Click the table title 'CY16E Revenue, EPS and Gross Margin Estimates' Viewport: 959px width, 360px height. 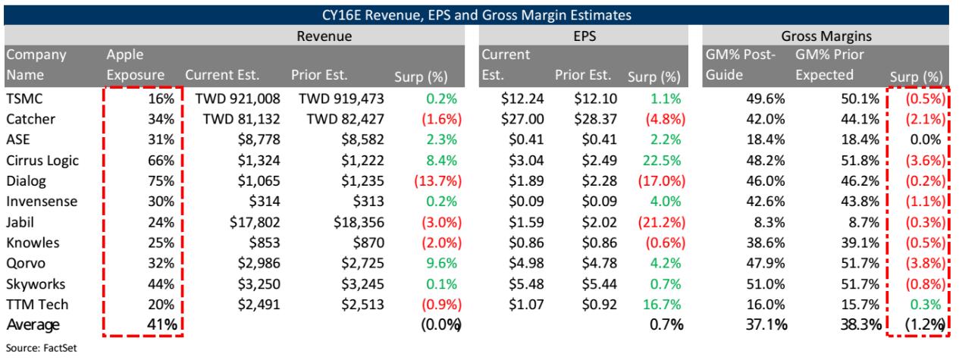(x=479, y=13)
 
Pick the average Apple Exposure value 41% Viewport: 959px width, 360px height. (x=161, y=324)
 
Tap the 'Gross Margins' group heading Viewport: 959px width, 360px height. (x=825, y=35)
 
